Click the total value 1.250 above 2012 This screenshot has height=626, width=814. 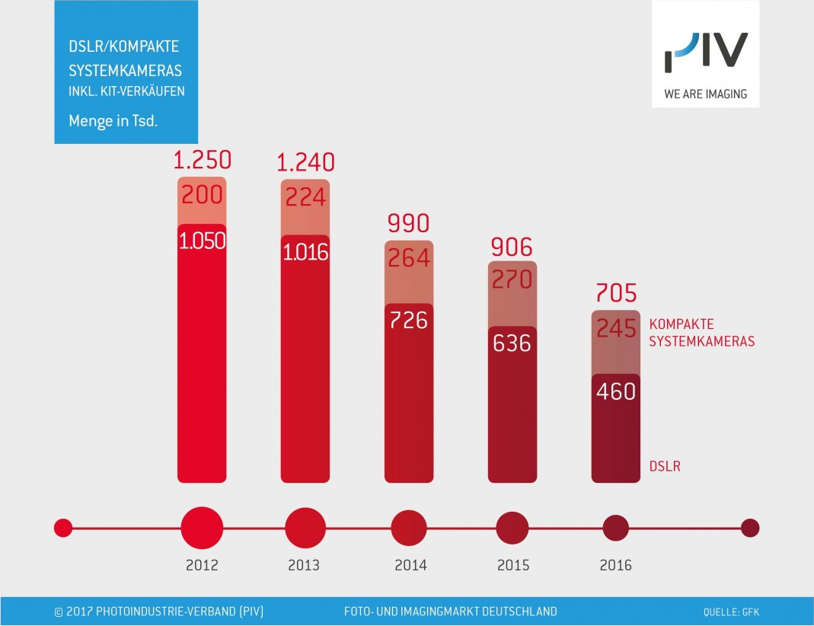pos(202,161)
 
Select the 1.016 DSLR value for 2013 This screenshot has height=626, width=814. pos(305,253)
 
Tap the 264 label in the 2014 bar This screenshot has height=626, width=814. pos(409,259)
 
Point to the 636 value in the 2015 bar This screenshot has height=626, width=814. pos(512,343)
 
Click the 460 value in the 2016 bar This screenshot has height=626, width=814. pos(616,391)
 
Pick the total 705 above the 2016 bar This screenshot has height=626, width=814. pos(616,292)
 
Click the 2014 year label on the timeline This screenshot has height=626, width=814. pos(410,566)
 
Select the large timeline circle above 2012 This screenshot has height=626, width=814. pos(202,527)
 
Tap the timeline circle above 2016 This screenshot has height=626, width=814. pos(616,527)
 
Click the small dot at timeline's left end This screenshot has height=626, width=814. pos(63,527)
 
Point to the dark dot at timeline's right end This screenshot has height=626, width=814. pos(750,527)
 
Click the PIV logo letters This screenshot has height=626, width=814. pos(706,53)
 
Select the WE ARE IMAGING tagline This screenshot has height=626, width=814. pos(705,94)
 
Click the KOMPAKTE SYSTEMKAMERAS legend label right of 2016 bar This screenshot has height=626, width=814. pos(701,333)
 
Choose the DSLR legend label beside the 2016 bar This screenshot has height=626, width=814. pos(665,466)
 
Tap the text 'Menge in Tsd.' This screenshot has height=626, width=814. pos(113,120)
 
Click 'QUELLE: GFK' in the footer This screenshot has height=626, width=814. pos(731,612)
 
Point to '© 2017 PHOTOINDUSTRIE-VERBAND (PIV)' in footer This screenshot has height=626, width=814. pos(159,612)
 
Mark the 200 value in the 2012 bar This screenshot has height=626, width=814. pos(202,194)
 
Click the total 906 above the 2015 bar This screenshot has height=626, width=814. pos(512,247)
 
